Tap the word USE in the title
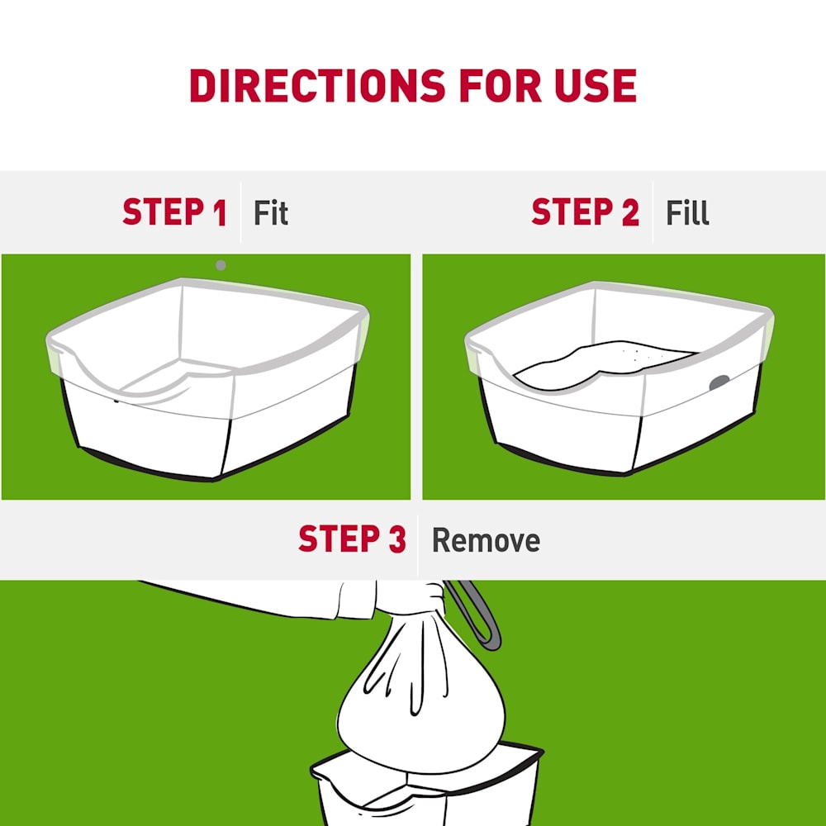pos(596,85)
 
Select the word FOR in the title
pos(501,85)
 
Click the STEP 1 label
pos(174,212)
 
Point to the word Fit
pos(271,213)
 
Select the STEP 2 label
pos(586,212)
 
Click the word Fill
pos(687,213)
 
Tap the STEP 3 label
pos(352,539)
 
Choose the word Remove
pos(486,540)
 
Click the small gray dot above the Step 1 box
pos(221,265)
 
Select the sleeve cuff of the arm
pos(356,600)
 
